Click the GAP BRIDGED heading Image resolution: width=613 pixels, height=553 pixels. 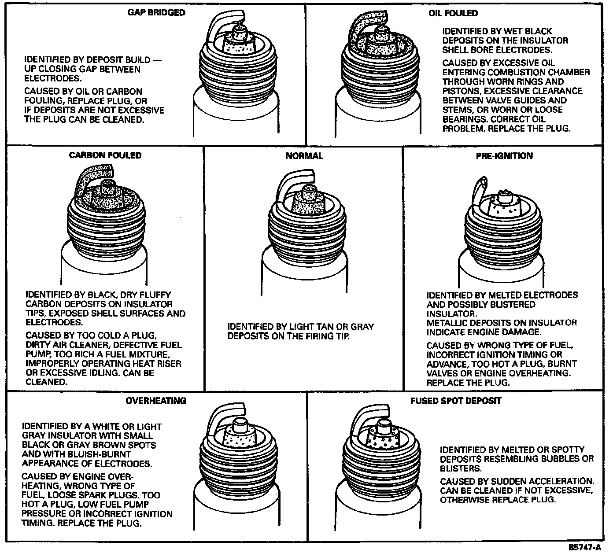[156, 12]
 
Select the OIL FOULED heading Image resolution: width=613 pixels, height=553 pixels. [453, 13]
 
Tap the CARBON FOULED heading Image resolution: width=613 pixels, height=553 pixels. [105, 155]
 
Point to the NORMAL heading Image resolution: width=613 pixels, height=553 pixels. [304, 156]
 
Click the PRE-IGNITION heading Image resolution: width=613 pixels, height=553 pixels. [504, 156]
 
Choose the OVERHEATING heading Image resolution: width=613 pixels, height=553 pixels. [156, 401]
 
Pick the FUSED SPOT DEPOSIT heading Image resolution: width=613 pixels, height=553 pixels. [456, 401]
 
